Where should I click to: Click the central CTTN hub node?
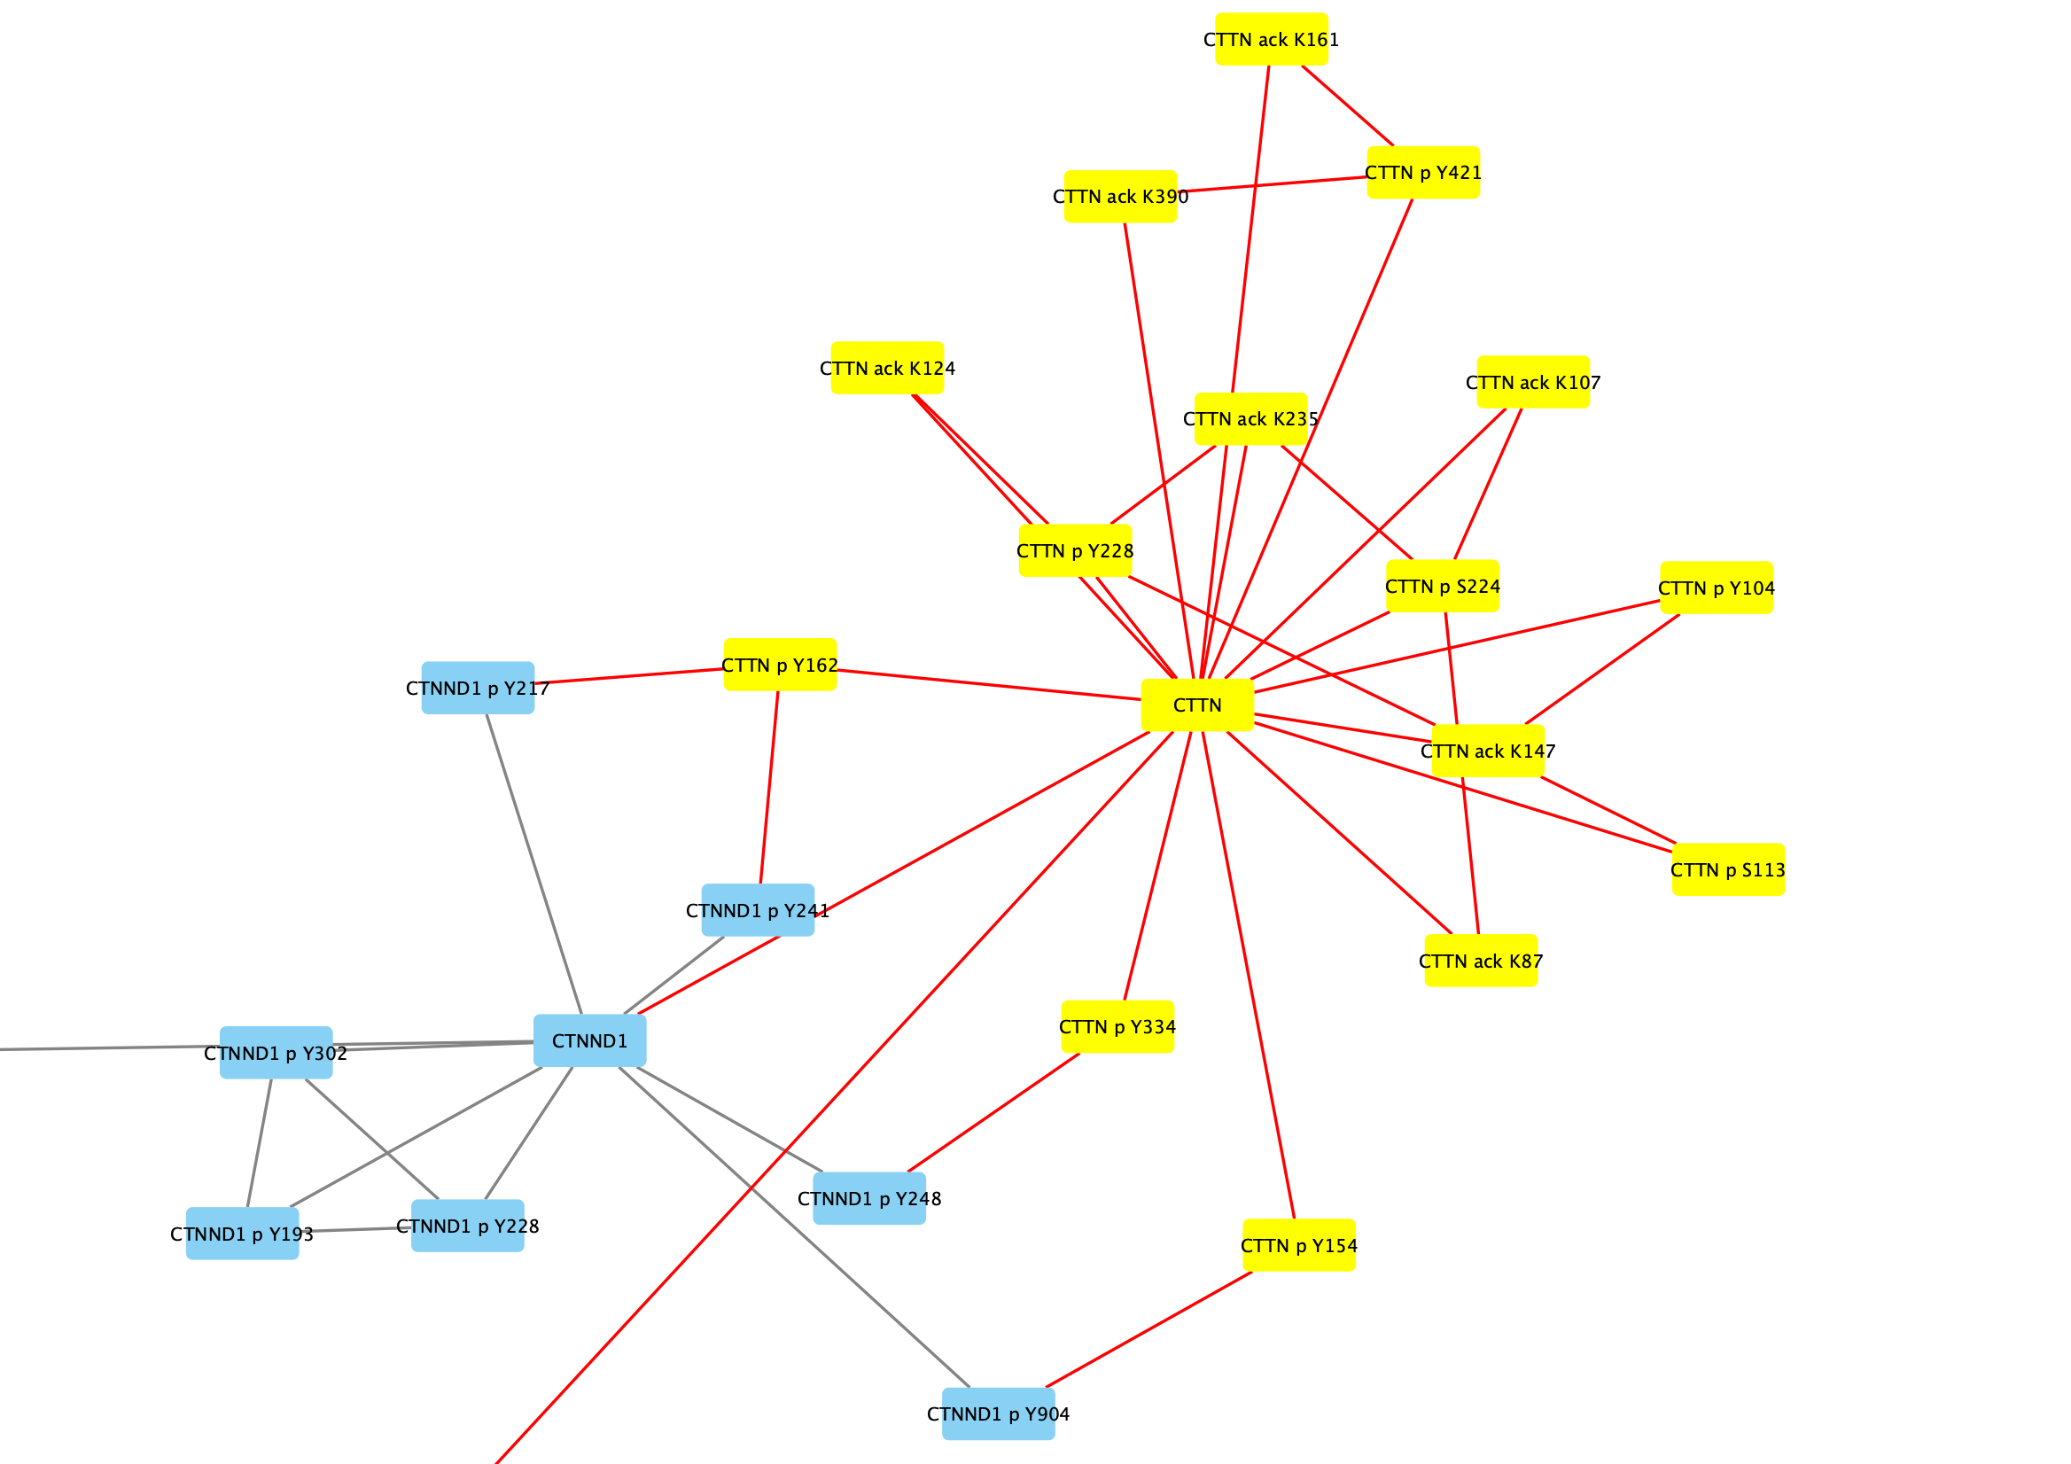point(1197,705)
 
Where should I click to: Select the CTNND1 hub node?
point(589,1041)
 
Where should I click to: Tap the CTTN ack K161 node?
point(1271,40)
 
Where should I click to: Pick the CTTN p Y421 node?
point(1422,172)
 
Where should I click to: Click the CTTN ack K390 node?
point(1120,197)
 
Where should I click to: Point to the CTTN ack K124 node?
point(887,368)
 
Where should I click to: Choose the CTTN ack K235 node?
point(1250,419)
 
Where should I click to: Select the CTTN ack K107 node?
point(1532,383)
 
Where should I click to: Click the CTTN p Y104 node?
point(1716,588)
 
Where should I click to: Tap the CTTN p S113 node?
point(1727,869)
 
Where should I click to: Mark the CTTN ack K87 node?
point(1480,961)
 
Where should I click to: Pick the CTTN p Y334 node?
point(1117,1026)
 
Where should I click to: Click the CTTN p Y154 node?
point(1298,1246)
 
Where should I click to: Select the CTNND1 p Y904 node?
point(998,1413)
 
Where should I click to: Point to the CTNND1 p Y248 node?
point(868,1199)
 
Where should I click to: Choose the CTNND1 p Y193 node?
point(242,1234)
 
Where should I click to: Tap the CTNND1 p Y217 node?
point(477,689)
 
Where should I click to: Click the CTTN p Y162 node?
point(779,665)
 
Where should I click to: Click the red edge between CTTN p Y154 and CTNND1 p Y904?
point(1148,1329)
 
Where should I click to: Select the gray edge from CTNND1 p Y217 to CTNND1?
point(534,864)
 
